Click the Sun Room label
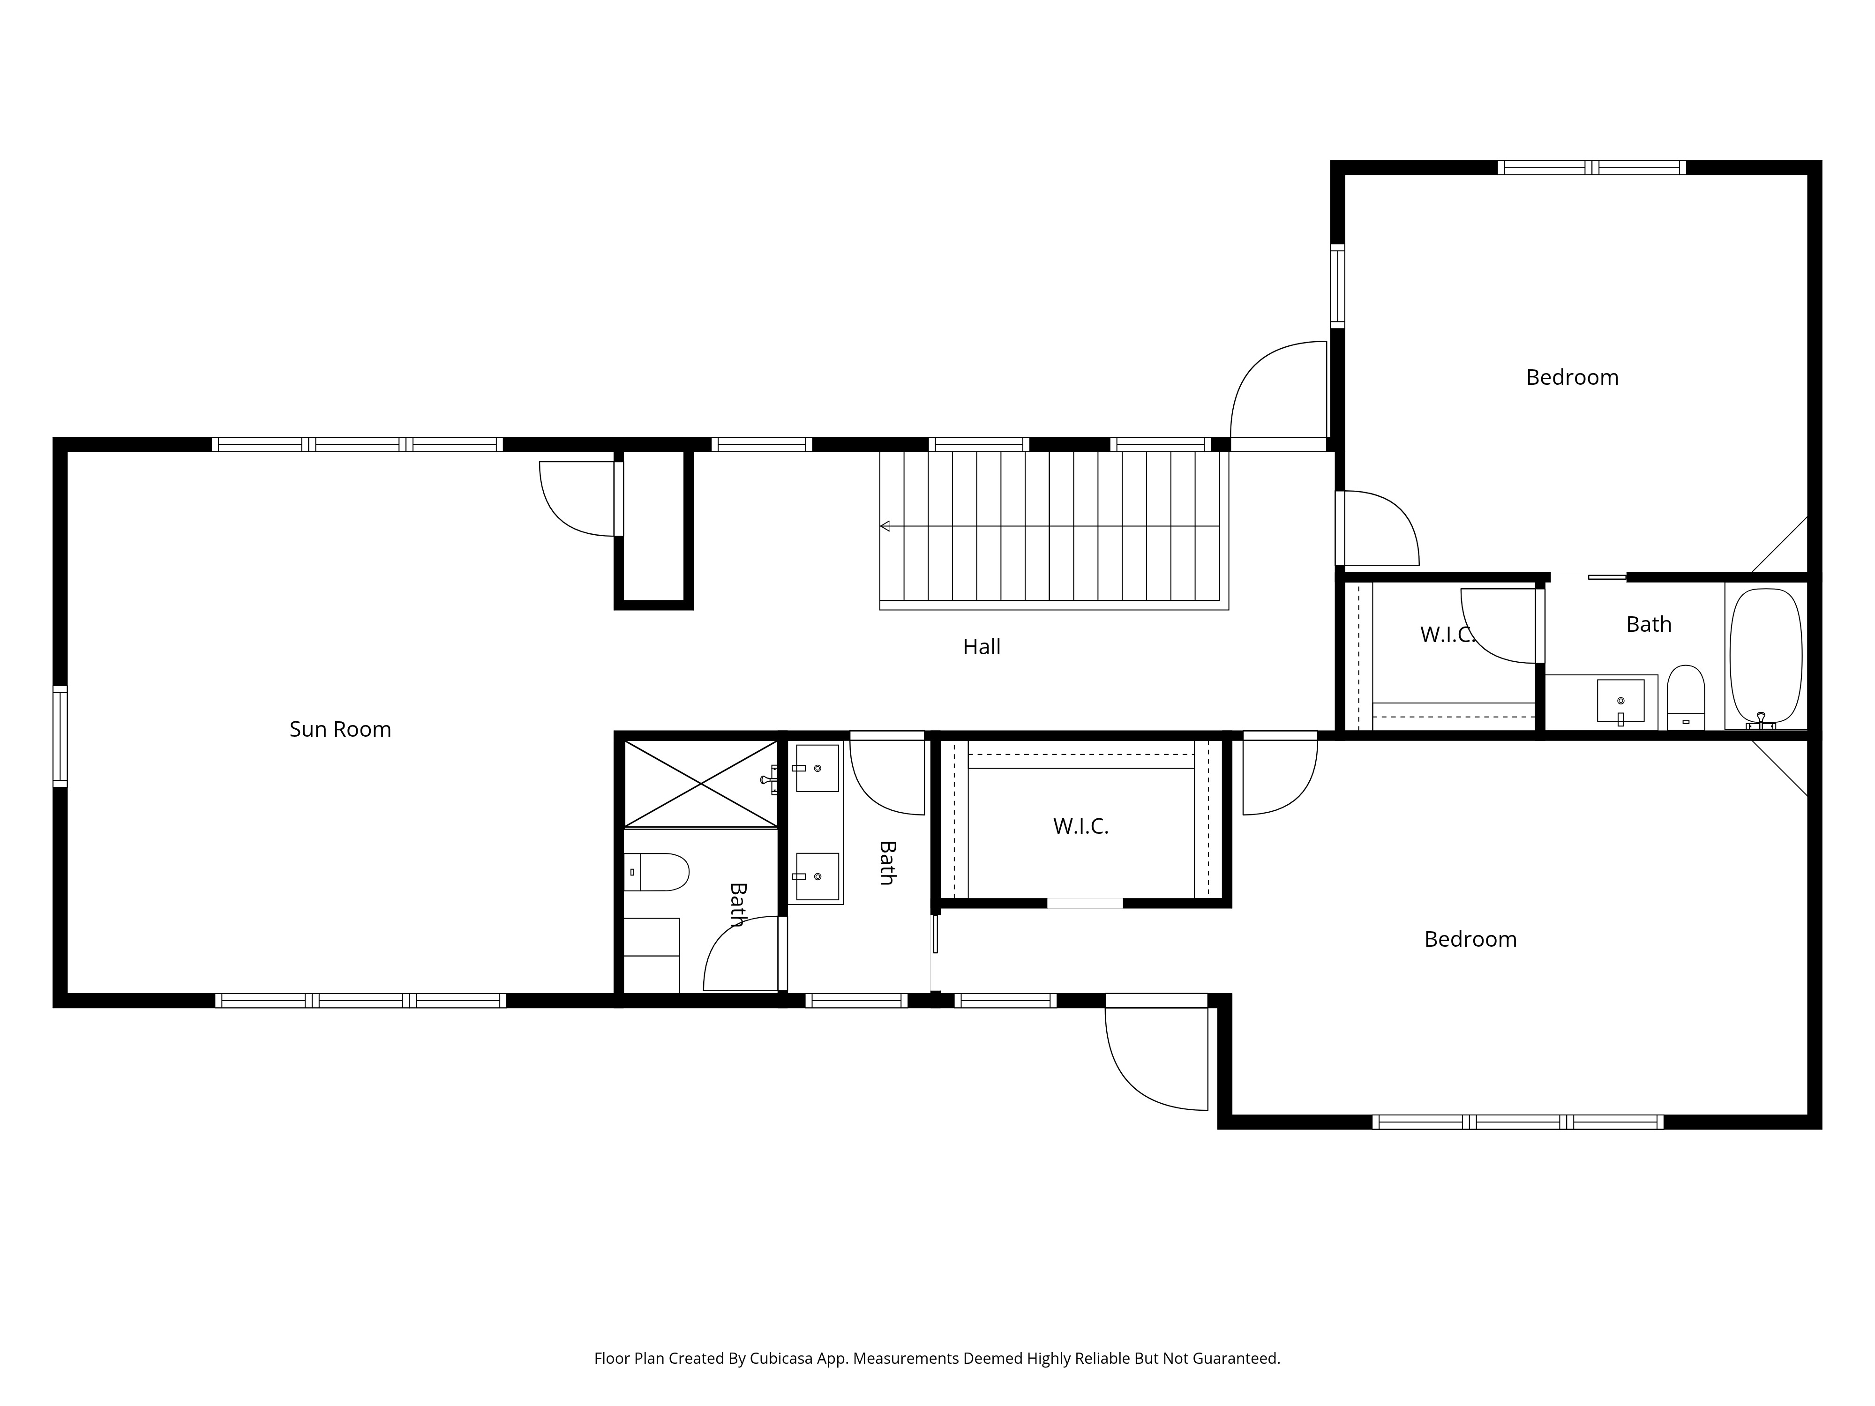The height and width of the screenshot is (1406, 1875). click(x=340, y=730)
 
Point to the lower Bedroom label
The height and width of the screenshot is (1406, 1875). click(x=1470, y=940)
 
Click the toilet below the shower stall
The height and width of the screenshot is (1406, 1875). click(x=656, y=872)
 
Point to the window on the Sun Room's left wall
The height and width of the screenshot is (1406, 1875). click(x=60, y=736)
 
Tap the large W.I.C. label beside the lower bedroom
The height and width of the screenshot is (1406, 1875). click(x=1081, y=826)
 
